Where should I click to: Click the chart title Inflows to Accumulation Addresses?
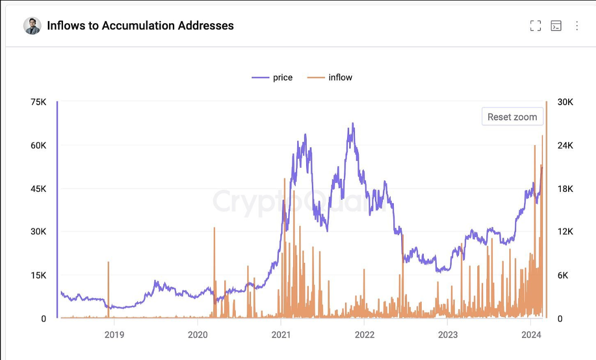pos(140,26)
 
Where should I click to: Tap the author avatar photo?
pos(33,26)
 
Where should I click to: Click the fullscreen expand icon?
pos(535,26)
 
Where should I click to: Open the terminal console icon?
pos(556,26)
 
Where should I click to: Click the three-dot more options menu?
pos(577,26)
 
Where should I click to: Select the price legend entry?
pos(272,77)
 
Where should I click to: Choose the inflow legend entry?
pos(330,77)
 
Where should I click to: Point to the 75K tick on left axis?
pos(38,102)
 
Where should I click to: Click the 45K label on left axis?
pos(38,189)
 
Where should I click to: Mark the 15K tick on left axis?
pos(38,275)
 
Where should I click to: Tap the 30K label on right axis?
pos(565,102)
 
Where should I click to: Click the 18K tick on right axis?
pos(565,189)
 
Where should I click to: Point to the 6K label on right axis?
pos(563,275)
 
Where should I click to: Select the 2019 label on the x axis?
pos(114,335)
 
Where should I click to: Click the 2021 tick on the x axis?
pos(281,335)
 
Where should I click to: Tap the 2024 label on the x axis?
pos(531,335)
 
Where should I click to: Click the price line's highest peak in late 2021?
pos(353,124)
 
